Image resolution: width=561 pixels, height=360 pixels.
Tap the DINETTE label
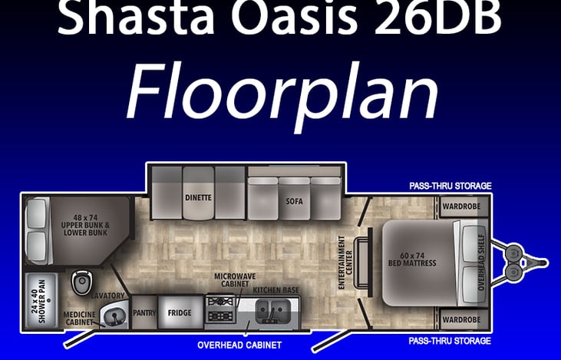[198, 197]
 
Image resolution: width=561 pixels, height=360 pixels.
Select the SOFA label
[294, 201]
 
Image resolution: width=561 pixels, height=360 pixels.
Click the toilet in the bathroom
[81, 282]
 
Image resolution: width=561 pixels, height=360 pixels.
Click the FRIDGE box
[180, 312]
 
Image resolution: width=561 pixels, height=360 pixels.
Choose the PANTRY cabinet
[144, 312]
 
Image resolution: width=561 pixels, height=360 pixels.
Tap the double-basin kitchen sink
[272, 311]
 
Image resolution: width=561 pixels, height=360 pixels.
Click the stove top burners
[220, 309]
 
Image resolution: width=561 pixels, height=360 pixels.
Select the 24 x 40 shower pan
[42, 301]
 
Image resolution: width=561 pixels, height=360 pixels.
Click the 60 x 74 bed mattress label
[412, 259]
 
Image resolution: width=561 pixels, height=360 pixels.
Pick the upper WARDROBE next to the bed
[461, 206]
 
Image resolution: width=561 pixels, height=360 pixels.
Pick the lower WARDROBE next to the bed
[461, 319]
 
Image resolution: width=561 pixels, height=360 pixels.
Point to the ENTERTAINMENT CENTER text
[345, 263]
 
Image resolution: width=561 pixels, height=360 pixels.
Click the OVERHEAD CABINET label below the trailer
[239, 345]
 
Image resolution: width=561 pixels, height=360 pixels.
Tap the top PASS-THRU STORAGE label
[450, 186]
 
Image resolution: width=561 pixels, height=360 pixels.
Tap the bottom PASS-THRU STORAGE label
[450, 341]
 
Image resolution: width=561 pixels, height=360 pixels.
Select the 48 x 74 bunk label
[85, 225]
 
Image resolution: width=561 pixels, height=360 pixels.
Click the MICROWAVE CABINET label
[235, 280]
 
